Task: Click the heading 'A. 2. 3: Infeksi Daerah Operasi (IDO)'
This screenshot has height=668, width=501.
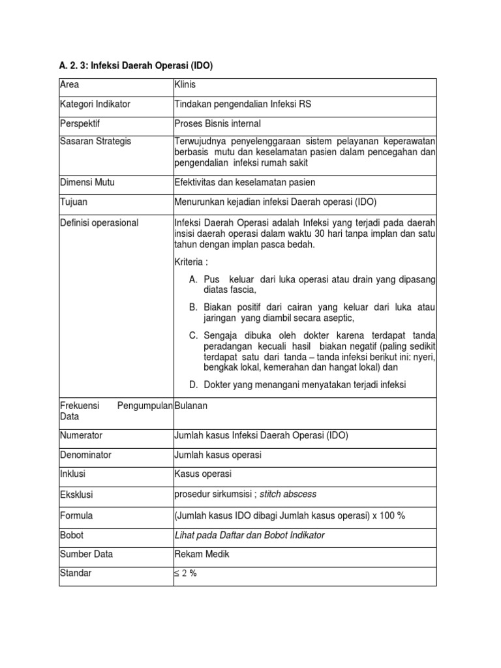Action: pos(136,66)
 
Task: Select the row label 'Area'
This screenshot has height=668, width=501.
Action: pos(68,85)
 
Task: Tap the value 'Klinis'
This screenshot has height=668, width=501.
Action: pos(185,85)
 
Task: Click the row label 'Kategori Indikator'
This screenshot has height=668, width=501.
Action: pos(95,104)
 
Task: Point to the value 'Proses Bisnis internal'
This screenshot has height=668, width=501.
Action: pos(218,123)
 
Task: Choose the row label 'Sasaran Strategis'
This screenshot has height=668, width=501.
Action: pos(95,142)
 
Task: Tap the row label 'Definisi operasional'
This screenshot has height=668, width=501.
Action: pos(99,223)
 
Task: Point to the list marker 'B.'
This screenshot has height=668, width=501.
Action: pos(194,307)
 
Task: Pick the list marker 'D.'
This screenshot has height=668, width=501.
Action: pos(194,385)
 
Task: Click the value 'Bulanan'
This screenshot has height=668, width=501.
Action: pos(190,406)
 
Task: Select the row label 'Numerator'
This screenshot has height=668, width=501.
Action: pos(81,435)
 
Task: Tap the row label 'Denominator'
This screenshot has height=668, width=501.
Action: pos(85,455)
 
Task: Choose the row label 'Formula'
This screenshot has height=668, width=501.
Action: pos(76,515)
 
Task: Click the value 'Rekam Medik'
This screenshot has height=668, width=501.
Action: pos(202,554)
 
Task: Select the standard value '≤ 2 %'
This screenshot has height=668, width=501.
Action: pos(186,574)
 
